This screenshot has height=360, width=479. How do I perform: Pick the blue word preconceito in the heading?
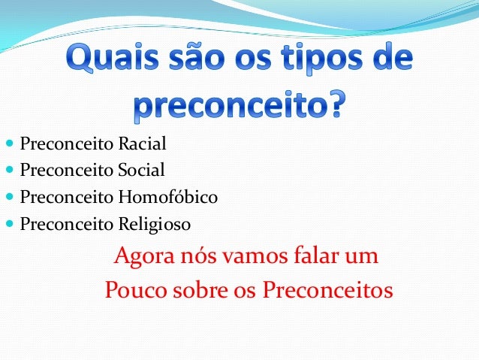coord(229,106)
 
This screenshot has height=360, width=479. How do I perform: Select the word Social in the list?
coord(141,170)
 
